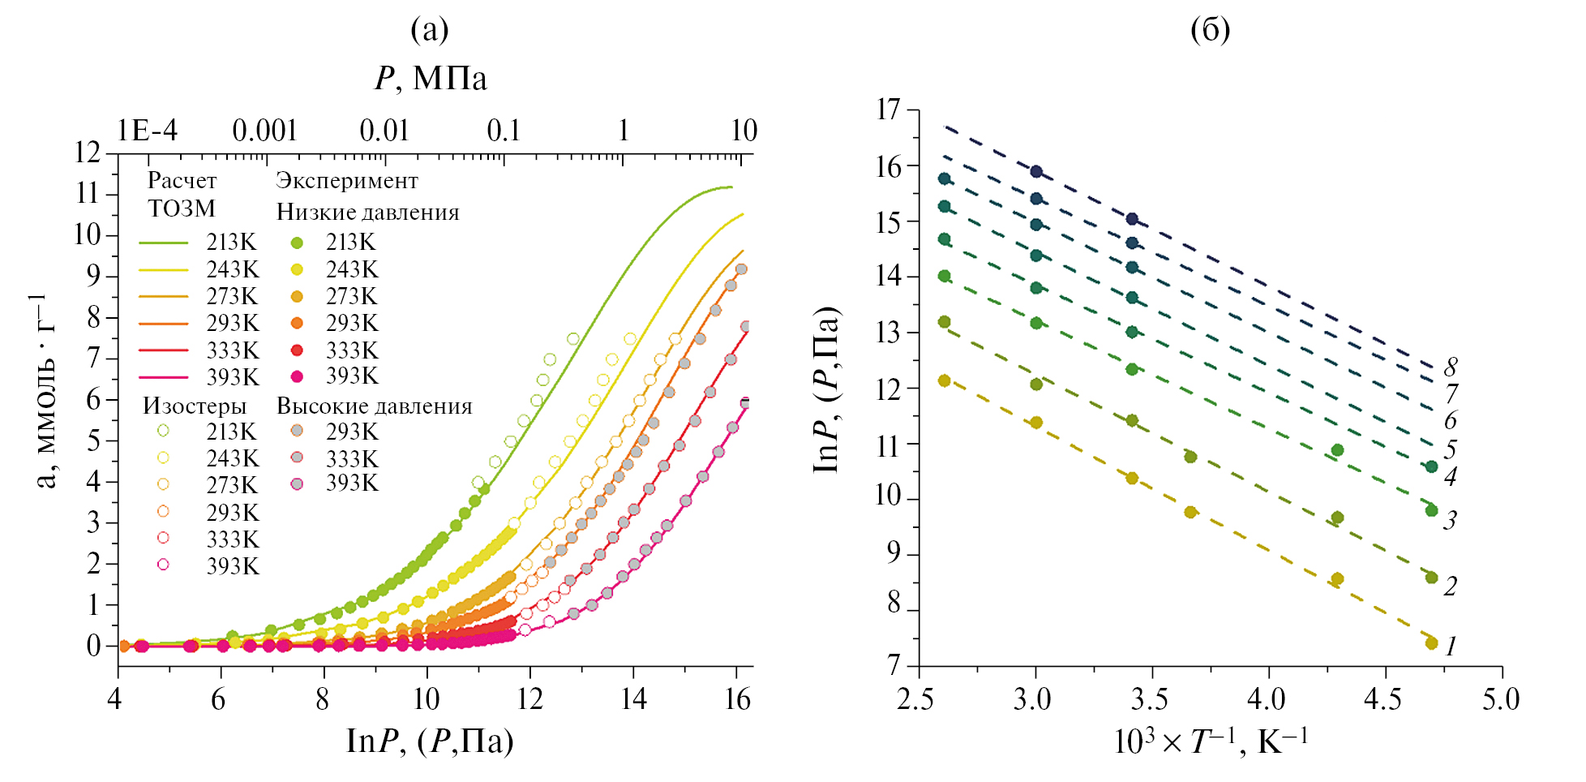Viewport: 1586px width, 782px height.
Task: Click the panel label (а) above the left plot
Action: pyautogui.click(x=429, y=30)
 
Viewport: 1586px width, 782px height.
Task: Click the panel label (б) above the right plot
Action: pyautogui.click(x=1210, y=30)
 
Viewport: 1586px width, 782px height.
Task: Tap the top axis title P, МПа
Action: pyautogui.click(x=431, y=79)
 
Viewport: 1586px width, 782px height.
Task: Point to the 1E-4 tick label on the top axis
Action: pyautogui.click(x=147, y=131)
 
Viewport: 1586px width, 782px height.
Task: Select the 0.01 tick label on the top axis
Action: pyautogui.click(x=384, y=131)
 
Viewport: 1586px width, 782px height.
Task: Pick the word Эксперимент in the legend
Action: pyautogui.click(x=347, y=181)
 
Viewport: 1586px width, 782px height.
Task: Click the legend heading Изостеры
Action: pyautogui.click(x=195, y=406)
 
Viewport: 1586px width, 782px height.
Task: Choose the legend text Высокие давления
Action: pyautogui.click(x=374, y=406)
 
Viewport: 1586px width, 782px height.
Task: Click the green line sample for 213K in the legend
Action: pyautogui.click(x=163, y=243)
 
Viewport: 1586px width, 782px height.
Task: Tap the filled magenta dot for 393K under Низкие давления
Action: pyautogui.click(x=298, y=376)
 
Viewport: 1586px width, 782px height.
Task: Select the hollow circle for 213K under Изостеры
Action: pyautogui.click(x=163, y=431)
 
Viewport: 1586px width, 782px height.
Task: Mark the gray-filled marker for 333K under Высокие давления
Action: pyautogui.click(x=298, y=458)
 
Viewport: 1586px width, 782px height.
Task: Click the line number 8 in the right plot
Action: pyautogui.click(x=1451, y=367)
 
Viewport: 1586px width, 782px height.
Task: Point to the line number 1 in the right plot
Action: pyautogui.click(x=1451, y=647)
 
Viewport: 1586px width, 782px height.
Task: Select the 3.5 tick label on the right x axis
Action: pyautogui.click(x=1150, y=699)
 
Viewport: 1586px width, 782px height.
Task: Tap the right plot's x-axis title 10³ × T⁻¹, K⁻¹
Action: pyautogui.click(x=1210, y=741)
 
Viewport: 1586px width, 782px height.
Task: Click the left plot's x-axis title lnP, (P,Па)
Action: pyautogui.click(x=430, y=741)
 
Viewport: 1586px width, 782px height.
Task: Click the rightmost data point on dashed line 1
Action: pyautogui.click(x=1431, y=643)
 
